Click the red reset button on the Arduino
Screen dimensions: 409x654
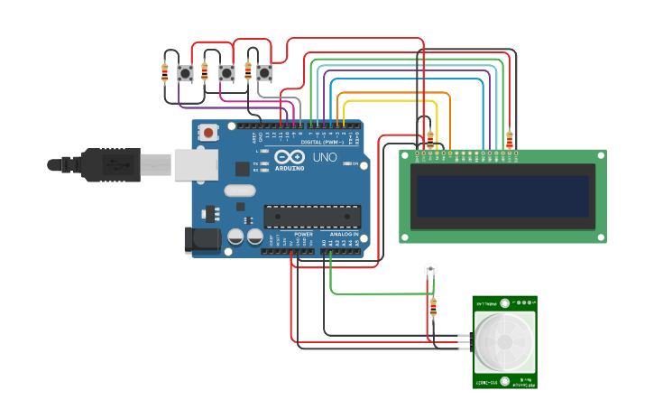tap(208, 133)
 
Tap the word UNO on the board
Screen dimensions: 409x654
tap(324, 157)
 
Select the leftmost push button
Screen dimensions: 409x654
tap(186, 73)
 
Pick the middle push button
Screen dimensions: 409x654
tap(227, 72)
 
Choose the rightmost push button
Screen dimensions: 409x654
tap(263, 71)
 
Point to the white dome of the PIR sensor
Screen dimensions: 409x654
tap(503, 343)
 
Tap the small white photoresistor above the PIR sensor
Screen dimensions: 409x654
tap(431, 269)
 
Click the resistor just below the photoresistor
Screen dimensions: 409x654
tap(433, 307)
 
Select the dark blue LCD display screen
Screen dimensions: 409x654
tap(502, 196)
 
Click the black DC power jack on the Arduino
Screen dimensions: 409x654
tap(202, 239)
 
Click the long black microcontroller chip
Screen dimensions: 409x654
tap(312, 216)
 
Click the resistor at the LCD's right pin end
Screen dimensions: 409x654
tap(510, 139)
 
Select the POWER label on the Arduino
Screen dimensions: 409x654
tap(304, 234)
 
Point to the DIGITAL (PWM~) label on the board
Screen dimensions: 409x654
tap(320, 142)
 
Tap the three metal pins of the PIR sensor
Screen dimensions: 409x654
tap(464, 342)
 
